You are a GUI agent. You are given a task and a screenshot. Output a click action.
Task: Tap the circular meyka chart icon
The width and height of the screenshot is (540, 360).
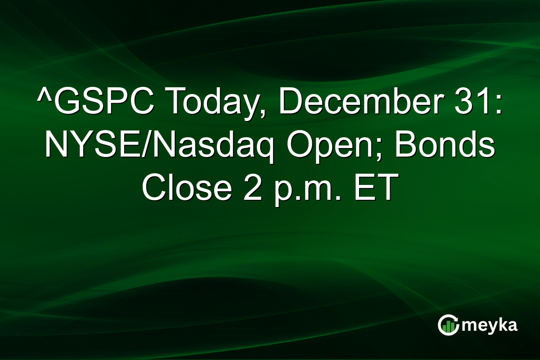(448, 325)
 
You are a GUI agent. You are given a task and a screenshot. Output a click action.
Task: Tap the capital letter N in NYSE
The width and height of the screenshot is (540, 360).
(56, 147)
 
